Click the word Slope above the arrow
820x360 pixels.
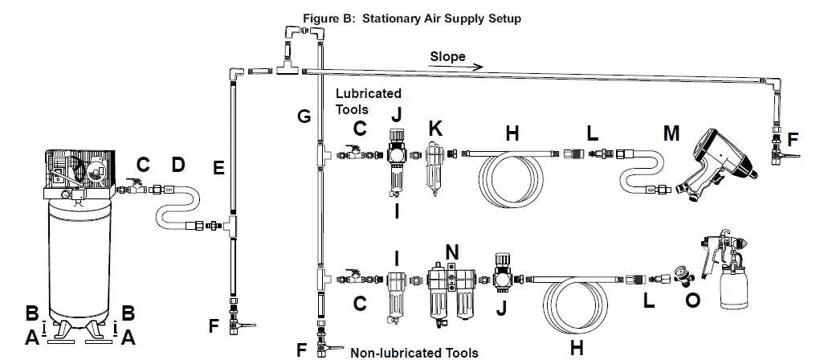pyautogui.click(x=447, y=56)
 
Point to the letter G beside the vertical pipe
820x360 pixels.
pyautogui.click(x=304, y=117)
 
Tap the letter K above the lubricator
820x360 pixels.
pyautogui.click(x=435, y=129)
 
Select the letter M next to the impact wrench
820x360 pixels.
pyautogui.click(x=670, y=132)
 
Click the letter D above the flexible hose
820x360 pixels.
pyautogui.click(x=178, y=166)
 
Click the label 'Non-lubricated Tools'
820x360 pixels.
pyautogui.click(x=414, y=352)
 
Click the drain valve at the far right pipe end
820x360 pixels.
pyautogui.click(x=777, y=149)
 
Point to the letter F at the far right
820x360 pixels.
pyautogui.click(x=793, y=139)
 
